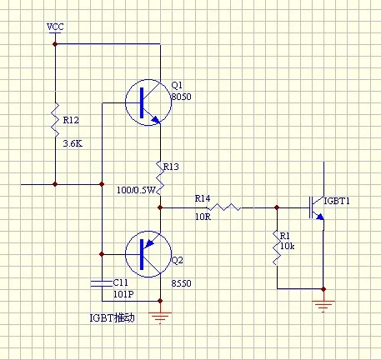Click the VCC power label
[55, 27]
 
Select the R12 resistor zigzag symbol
[55, 120]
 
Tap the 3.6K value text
[73, 143]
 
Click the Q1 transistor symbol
[148, 102]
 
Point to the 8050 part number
[181, 97]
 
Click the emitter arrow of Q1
[156, 119]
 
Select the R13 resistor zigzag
[160, 177]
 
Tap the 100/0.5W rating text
[136, 190]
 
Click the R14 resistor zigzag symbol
[224, 207]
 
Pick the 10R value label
[203, 217]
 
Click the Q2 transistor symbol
[148, 254]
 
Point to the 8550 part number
[181, 283]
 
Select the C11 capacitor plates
[102, 283]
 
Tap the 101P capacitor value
[123, 294]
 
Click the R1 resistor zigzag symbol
[277, 247]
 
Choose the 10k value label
[288, 246]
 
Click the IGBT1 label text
[337, 201]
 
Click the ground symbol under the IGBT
[323, 307]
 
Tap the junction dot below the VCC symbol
[55, 44]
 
